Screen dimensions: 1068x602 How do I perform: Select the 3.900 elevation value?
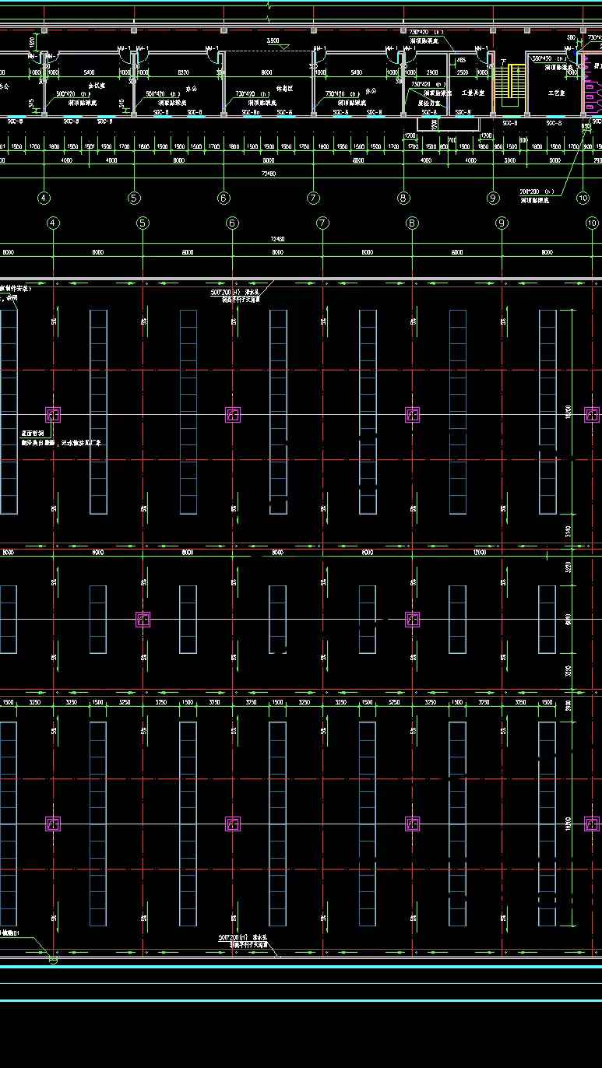coord(273,40)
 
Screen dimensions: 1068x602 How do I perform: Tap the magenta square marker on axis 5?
coord(143,619)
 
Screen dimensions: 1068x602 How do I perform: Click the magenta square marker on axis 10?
coord(592,824)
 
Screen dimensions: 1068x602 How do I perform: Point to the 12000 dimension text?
coord(479,552)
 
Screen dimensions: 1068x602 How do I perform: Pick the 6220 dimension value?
coord(184,72)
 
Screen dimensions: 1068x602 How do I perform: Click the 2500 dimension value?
coord(463,72)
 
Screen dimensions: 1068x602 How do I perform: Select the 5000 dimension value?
coord(554,160)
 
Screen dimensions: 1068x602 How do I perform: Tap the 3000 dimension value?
coord(510,160)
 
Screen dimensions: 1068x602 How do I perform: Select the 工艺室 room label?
coord(556,93)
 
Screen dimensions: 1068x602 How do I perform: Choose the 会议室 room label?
coord(97,86)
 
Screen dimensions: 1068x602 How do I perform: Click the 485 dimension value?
coord(460,60)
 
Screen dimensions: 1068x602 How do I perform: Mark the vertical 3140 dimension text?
coord(568,532)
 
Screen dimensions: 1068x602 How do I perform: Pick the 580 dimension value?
coord(571,37)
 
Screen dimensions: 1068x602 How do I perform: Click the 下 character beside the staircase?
coord(503,61)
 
